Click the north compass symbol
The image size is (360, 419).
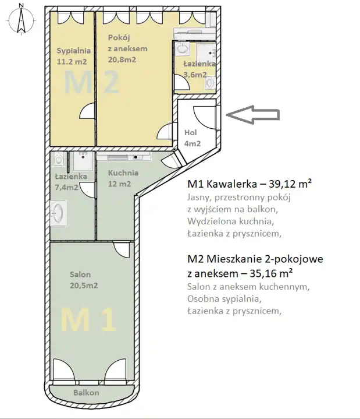(22, 20)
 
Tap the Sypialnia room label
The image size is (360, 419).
(74, 51)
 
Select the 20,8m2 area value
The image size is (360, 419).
(122, 59)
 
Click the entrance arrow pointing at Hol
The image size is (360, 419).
(252, 115)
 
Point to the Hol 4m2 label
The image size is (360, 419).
(193, 138)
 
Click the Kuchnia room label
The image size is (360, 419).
(123, 173)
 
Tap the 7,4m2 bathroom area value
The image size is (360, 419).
(66, 187)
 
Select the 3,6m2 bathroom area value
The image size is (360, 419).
(195, 75)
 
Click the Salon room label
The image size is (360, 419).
(80, 274)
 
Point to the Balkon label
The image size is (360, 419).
(87, 393)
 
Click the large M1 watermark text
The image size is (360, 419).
(88, 319)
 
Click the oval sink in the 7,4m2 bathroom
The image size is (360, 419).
(58, 213)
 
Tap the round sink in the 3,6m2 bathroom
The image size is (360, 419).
(182, 48)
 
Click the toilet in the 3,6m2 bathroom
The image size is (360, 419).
(210, 83)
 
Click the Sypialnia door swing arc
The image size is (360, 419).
(87, 110)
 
